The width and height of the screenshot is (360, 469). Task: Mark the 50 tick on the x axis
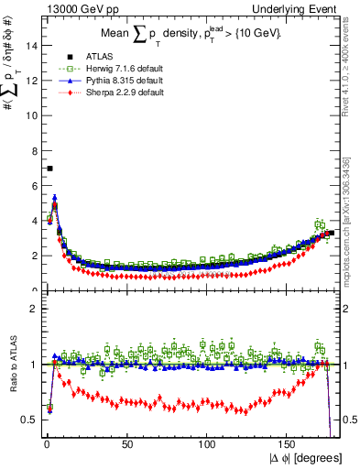click(x=125, y=445)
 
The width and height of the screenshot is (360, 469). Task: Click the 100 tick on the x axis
click(x=208, y=445)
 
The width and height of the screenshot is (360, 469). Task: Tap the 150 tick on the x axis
click(x=290, y=445)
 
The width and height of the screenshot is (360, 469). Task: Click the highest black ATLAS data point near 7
click(x=49, y=169)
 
